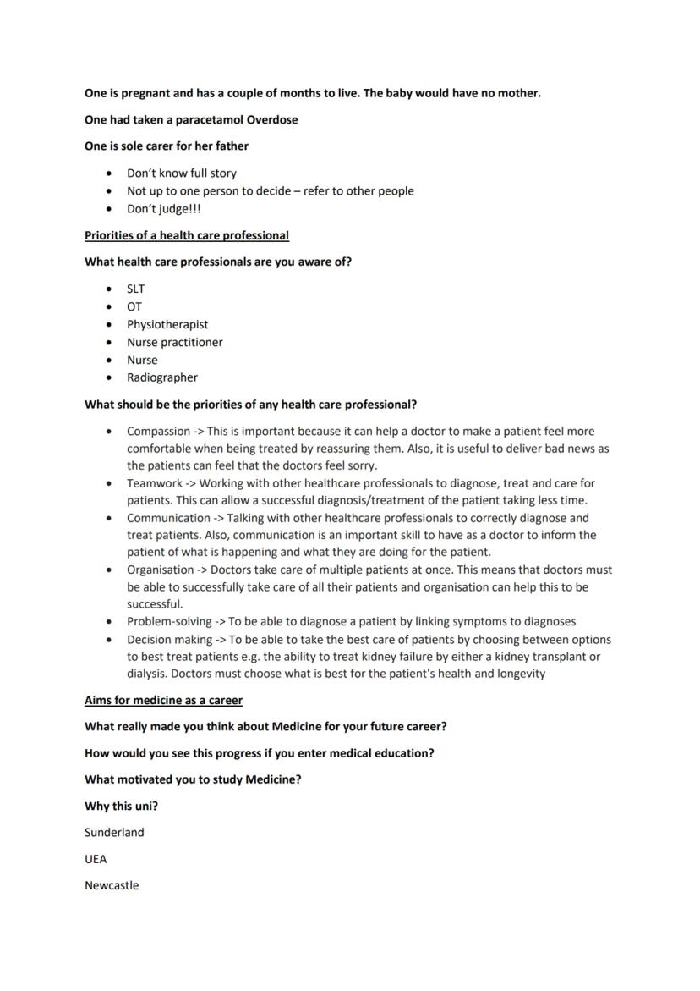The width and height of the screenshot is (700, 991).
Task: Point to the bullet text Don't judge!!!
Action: point(163,209)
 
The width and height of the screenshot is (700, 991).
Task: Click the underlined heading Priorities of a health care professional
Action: point(186,235)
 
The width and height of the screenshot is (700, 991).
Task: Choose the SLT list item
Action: point(135,289)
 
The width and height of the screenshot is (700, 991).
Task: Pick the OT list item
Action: point(134,306)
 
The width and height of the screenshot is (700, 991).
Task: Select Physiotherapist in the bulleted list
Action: point(167,324)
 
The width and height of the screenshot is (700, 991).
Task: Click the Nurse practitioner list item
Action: point(175,342)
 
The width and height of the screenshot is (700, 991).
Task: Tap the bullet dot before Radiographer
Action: point(109,378)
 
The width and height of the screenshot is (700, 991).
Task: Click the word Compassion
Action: point(158,432)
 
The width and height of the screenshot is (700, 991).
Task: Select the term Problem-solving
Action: point(169,621)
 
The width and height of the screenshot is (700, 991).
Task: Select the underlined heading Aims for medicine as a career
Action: point(163,700)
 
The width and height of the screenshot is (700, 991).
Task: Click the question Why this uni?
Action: point(121,806)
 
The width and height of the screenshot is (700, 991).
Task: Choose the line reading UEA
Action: point(96,859)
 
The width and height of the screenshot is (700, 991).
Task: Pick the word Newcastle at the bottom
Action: point(112,886)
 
